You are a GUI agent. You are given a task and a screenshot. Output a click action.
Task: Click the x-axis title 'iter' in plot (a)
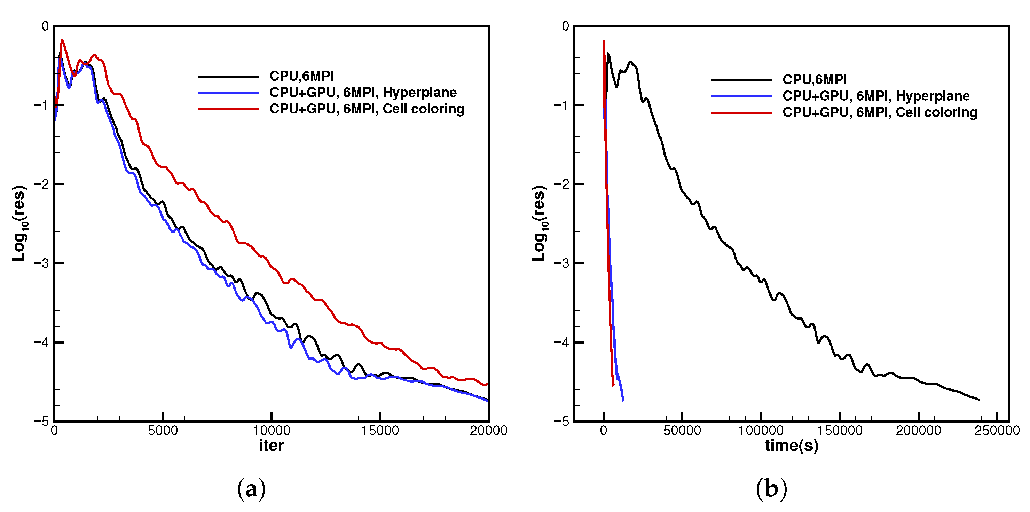(271, 445)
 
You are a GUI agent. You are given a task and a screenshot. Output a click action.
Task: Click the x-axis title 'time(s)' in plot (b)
(791, 445)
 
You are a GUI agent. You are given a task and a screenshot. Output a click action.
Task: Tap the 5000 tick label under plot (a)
(163, 431)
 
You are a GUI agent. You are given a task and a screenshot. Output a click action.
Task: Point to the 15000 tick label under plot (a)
(380, 431)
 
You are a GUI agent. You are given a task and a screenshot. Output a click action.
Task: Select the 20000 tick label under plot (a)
(488, 431)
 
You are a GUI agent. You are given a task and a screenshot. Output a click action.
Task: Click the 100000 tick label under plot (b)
(761, 431)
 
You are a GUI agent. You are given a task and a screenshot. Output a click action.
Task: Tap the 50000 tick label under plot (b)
(682, 431)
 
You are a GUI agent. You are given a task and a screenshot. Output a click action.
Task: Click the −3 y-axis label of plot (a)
(41, 263)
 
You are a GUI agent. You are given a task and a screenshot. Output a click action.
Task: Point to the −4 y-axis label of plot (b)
(561, 342)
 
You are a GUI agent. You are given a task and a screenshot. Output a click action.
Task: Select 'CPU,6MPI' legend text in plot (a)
(301, 76)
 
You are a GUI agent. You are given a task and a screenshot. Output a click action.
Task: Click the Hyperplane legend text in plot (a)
(363, 92)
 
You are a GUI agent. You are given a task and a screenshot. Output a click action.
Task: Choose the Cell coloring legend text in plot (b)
(880, 112)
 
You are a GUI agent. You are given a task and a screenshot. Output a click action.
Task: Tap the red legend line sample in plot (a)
(228, 109)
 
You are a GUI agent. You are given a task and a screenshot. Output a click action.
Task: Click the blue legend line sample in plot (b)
(741, 96)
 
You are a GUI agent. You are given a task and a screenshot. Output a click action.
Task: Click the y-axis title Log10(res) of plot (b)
(540, 223)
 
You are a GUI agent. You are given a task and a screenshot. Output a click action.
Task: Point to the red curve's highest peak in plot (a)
(62, 40)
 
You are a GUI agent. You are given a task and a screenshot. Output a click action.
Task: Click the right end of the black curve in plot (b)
(979, 399)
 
